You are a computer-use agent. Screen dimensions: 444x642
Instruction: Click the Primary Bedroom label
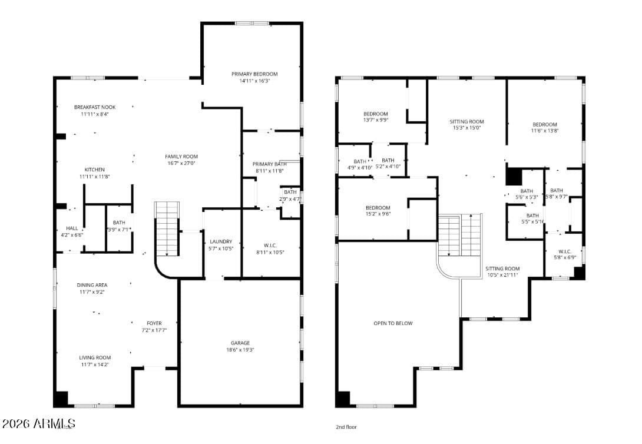click(x=254, y=74)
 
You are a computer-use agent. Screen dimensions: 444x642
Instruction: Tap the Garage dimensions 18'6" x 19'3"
click(x=240, y=350)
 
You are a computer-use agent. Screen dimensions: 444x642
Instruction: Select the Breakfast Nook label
click(x=95, y=107)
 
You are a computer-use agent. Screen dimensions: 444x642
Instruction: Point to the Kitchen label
click(x=94, y=170)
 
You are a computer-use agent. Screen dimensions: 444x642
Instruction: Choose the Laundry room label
click(x=221, y=241)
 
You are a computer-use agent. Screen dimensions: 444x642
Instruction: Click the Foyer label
click(x=154, y=323)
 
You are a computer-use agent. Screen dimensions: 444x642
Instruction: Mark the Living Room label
click(x=95, y=357)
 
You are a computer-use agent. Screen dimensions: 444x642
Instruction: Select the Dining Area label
click(x=92, y=285)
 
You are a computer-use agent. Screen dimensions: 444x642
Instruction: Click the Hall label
click(x=72, y=228)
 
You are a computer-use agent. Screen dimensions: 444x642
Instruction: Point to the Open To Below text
click(x=393, y=323)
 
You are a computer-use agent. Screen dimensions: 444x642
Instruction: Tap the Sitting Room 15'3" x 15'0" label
click(x=466, y=122)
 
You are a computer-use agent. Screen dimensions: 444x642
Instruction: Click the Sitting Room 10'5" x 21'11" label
click(x=502, y=269)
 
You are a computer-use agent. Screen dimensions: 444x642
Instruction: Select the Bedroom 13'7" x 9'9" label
click(x=375, y=114)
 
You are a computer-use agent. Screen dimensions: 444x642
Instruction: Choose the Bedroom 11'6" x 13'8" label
click(x=545, y=124)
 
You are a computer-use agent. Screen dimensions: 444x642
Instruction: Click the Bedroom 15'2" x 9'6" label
click(x=378, y=208)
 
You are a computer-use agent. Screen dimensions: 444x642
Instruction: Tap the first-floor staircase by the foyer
click(x=167, y=228)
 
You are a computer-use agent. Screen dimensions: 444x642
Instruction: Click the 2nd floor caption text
click(x=346, y=427)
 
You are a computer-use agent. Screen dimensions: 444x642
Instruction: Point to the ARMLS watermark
click(x=39, y=423)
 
